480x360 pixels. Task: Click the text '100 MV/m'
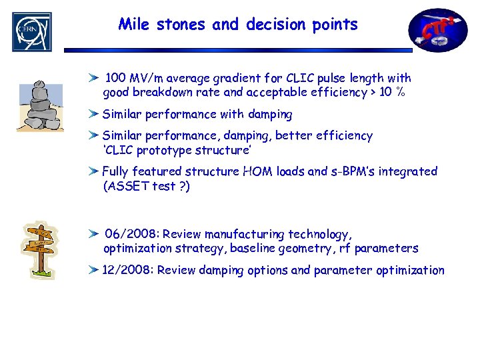click(132, 79)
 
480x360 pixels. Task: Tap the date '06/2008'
click(130, 234)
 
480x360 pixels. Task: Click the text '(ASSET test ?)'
click(146, 187)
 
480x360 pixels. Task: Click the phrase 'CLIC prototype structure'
click(177, 149)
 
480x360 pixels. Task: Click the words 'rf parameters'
click(387, 249)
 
